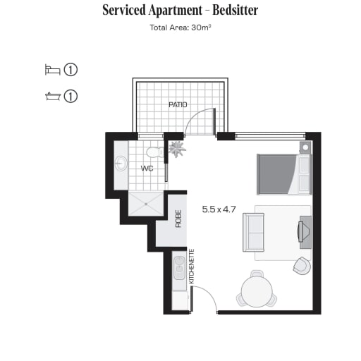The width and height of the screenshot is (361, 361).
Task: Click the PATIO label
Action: [178, 104]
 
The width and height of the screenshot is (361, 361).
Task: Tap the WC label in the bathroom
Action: [147, 169]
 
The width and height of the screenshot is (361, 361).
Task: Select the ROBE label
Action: [178, 219]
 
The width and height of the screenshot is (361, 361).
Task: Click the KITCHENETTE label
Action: [192, 267]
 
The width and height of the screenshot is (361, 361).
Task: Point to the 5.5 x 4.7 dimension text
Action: [219, 209]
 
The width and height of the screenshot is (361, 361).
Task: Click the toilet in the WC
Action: [155, 152]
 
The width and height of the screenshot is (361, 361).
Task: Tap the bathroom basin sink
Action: [121, 163]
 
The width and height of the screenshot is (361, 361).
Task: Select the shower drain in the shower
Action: [146, 204]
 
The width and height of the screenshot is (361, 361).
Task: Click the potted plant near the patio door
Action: [177, 149]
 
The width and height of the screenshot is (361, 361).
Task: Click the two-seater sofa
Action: [253, 232]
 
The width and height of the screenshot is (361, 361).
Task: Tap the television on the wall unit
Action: [301, 231]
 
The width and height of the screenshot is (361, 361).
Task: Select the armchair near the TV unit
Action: [302, 266]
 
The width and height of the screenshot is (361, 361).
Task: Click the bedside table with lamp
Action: [305, 147]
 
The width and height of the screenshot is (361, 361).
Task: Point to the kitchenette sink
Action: [180, 268]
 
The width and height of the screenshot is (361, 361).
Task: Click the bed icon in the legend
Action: [53, 70]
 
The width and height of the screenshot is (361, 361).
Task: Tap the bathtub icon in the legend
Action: [53, 97]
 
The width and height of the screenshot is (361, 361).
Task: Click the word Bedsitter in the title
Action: [235, 11]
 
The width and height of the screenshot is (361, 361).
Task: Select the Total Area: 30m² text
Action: [180, 27]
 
